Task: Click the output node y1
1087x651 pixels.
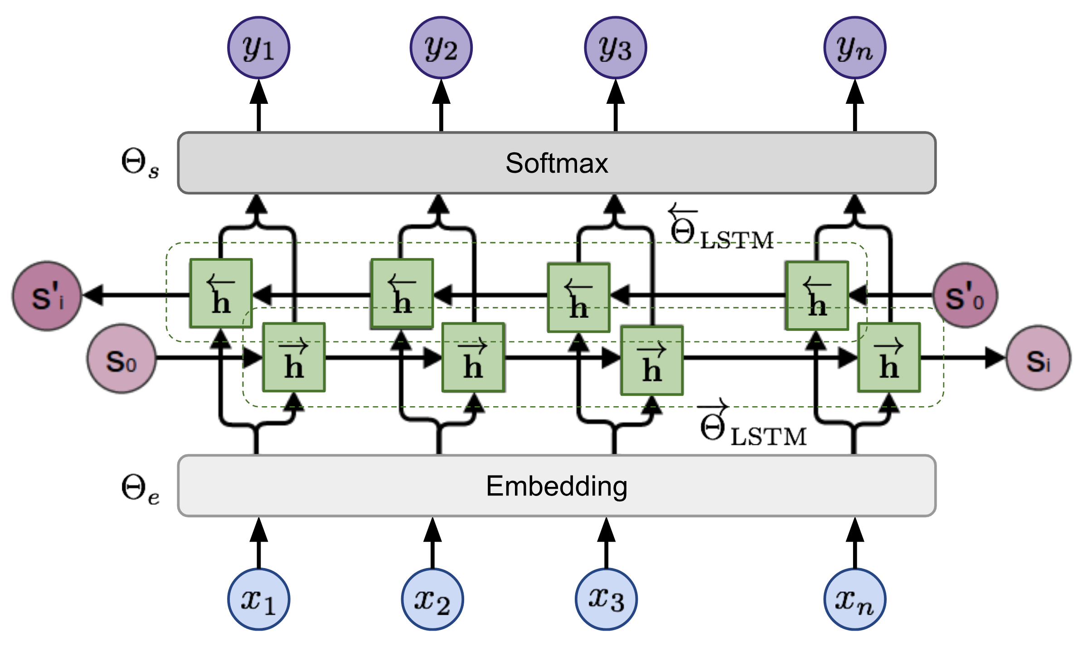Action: tap(258, 48)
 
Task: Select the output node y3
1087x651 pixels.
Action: tap(615, 48)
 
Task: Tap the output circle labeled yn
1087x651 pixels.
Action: tap(854, 48)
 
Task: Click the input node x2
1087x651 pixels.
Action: tap(432, 599)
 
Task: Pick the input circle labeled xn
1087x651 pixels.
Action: tap(854, 599)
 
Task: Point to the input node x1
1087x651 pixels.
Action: tap(258, 599)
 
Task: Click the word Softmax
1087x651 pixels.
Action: tap(556, 163)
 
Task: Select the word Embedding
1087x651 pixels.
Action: tap(556, 486)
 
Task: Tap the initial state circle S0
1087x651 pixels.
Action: tap(121, 359)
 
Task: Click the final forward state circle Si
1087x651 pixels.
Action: tap(1038, 358)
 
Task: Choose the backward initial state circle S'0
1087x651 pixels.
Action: tap(965, 295)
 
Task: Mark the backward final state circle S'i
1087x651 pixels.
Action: tap(47, 296)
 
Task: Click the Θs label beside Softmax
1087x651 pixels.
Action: tap(140, 164)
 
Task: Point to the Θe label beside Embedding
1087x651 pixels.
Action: tap(140, 489)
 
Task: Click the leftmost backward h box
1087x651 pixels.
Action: tap(221, 293)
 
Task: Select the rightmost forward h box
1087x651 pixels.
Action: tap(888, 357)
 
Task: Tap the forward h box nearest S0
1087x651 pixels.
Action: tap(294, 357)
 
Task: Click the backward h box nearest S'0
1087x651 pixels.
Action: tap(817, 295)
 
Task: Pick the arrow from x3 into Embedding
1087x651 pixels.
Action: tap(606, 543)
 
